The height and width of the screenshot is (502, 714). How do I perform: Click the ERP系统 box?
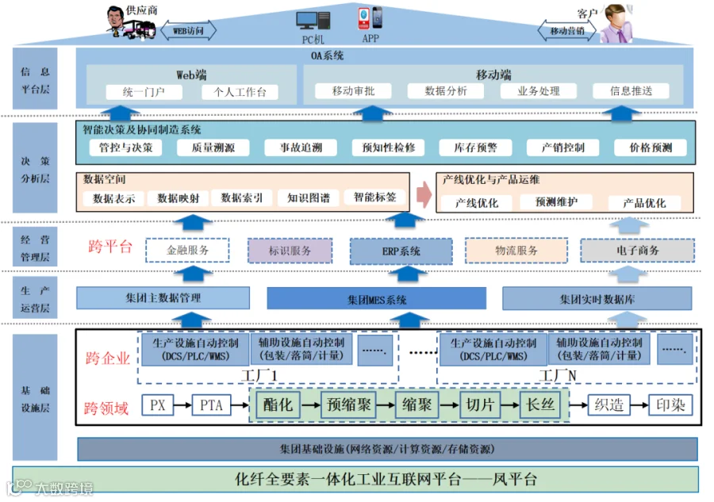click(x=401, y=251)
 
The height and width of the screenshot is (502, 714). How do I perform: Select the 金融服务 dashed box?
click(x=187, y=250)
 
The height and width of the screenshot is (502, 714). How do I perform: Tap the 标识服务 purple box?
click(x=290, y=251)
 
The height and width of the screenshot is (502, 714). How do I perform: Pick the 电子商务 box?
click(x=638, y=251)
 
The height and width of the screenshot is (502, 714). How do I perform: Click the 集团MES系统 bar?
click(x=377, y=299)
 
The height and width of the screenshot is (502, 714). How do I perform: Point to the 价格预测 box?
click(x=651, y=148)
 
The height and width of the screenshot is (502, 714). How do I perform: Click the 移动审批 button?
click(x=353, y=91)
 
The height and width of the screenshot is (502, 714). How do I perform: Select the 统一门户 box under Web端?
click(x=144, y=92)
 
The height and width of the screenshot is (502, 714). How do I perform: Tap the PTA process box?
click(x=211, y=404)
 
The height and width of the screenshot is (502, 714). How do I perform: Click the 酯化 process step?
click(x=278, y=404)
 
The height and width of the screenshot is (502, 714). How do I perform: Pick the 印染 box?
click(x=670, y=404)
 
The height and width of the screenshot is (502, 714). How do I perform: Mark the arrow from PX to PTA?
click(x=182, y=404)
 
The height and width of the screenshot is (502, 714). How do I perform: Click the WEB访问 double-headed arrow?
click(x=188, y=30)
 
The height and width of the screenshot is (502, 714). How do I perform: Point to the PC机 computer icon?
click(x=313, y=21)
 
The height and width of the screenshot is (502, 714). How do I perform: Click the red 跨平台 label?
click(x=110, y=247)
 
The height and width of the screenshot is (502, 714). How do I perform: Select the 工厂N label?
click(x=558, y=375)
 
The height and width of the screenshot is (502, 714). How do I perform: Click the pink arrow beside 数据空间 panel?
click(x=424, y=194)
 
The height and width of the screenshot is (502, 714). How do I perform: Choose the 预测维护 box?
click(x=556, y=201)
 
